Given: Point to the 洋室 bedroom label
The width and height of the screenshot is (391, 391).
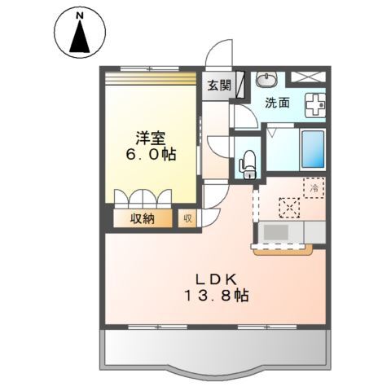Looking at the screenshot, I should [x=152, y=135].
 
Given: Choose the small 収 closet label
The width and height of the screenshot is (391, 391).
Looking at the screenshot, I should [x=187, y=218].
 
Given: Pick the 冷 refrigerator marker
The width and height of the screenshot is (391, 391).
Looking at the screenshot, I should [x=315, y=188].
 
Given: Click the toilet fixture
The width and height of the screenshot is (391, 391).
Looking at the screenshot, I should [x=248, y=159].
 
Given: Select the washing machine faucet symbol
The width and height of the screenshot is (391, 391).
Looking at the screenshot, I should [x=314, y=104].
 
